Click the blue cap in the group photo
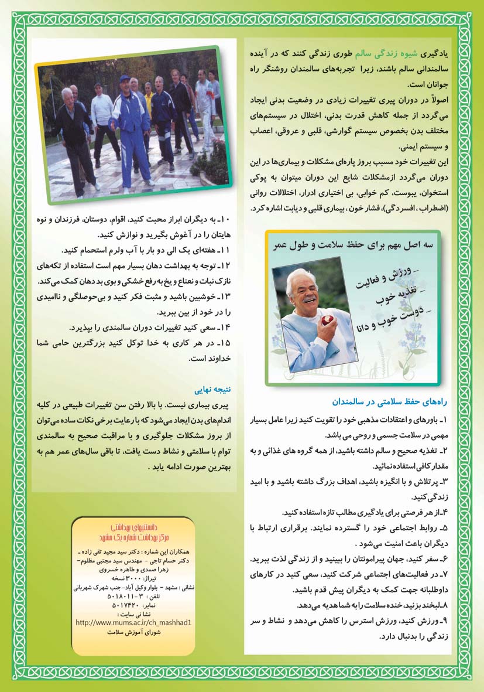(x=124, y=78)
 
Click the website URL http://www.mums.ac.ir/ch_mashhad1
(x=134, y=622)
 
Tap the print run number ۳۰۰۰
(x=139, y=577)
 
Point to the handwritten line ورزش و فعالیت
(x=383, y=281)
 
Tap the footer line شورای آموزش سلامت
(x=134, y=632)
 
